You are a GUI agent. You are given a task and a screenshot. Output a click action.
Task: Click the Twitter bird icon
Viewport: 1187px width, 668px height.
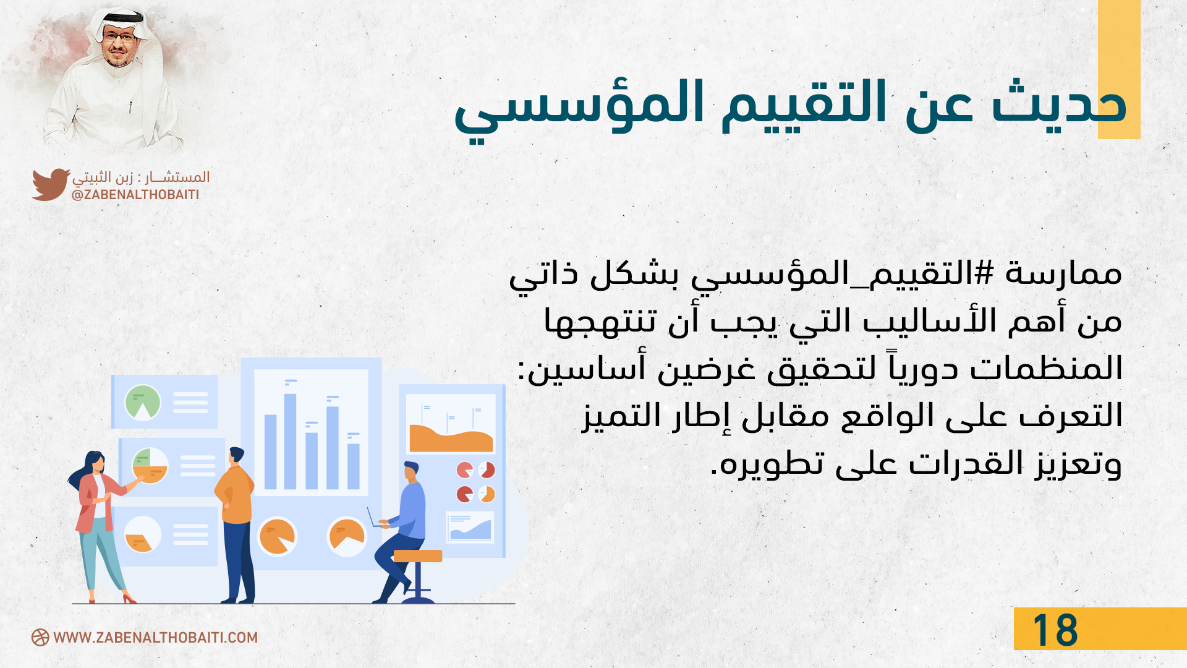[51, 184]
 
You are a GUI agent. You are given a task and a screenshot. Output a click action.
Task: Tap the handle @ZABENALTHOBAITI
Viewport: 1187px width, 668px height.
[135, 195]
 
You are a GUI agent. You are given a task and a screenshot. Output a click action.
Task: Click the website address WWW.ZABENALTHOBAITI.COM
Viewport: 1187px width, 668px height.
[156, 638]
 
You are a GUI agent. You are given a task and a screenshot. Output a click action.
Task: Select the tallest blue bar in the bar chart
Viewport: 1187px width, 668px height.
[290, 441]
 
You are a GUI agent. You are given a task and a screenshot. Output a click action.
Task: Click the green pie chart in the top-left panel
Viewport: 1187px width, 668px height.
[143, 402]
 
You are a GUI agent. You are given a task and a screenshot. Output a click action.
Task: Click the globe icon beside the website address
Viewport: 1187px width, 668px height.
[40, 638]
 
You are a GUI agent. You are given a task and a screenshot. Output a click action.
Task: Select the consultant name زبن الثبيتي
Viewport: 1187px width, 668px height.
[103, 178]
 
